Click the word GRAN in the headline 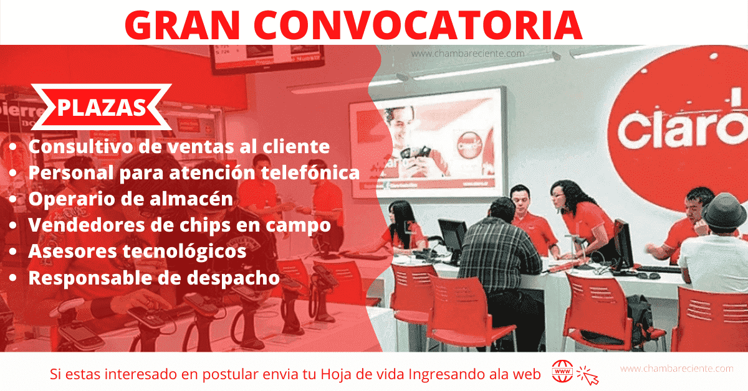click(x=182, y=25)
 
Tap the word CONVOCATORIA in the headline click(x=418, y=25)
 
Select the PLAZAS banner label click(x=102, y=108)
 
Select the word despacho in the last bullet click(x=233, y=278)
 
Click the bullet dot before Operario click(x=12, y=199)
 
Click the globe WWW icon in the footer click(x=562, y=371)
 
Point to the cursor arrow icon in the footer click(x=588, y=375)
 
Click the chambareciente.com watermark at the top click(x=467, y=54)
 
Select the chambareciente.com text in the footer click(x=676, y=369)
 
